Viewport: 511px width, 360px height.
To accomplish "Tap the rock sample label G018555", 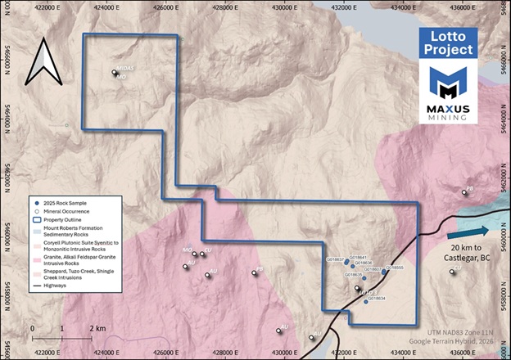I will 393,268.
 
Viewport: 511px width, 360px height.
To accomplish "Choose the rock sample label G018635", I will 350,276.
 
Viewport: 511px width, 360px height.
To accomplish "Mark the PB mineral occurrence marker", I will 259,271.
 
